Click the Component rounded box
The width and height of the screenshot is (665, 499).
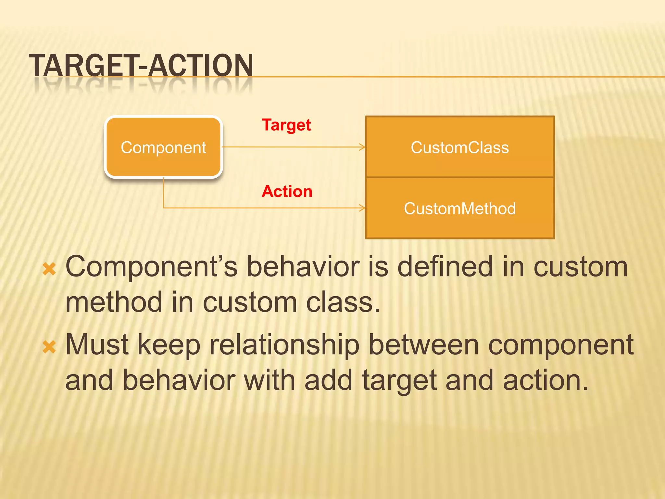(x=163, y=147)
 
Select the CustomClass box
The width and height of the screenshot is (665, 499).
(x=459, y=147)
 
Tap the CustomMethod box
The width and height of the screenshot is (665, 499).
(x=459, y=208)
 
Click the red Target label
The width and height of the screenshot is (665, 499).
(x=286, y=125)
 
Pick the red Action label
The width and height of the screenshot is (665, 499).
(x=287, y=191)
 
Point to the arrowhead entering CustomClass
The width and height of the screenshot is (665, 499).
(x=363, y=147)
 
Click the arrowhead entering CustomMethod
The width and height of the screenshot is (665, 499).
(x=363, y=208)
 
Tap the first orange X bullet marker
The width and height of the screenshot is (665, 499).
(x=49, y=269)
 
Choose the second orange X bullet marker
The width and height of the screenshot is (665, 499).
(x=49, y=347)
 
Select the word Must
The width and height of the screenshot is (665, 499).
(x=97, y=345)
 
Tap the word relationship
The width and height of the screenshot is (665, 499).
(x=284, y=345)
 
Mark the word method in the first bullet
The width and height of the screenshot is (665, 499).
(x=114, y=302)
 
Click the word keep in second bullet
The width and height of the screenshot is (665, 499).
(x=169, y=345)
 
